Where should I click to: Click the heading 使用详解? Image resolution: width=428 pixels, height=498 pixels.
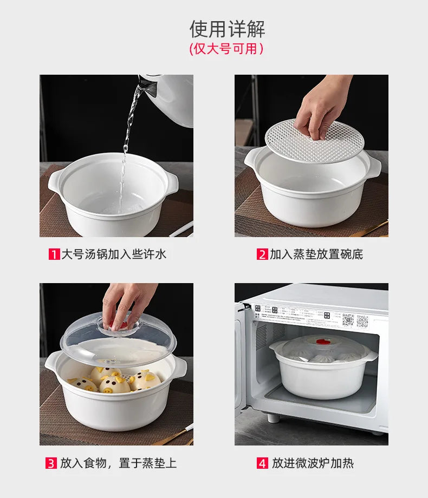[227, 29]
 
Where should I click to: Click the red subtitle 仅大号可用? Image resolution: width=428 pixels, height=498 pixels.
[227, 49]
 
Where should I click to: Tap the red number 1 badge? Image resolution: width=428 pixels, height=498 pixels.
[54, 254]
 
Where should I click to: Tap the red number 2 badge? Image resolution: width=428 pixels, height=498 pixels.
[262, 254]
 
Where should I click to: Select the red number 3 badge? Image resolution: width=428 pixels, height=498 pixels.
[50, 463]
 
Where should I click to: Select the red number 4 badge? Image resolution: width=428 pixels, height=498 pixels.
[262, 463]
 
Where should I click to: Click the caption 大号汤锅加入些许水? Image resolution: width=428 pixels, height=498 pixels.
[114, 254]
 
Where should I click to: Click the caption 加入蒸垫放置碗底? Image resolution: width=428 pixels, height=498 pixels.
[316, 254]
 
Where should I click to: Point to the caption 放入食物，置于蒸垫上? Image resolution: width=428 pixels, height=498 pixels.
[118, 463]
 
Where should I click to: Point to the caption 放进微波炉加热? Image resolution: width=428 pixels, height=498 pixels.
[313, 463]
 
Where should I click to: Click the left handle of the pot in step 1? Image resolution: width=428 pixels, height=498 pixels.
[56, 182]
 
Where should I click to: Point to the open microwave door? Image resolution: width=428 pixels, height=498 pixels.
[239, 357]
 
